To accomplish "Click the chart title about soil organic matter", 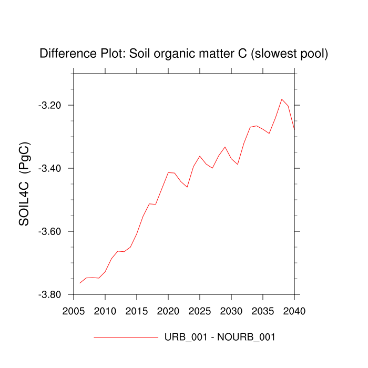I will pyautogui.click(x=184, y=54).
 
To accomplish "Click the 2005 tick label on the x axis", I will pyautogui.click(x=74, y=310).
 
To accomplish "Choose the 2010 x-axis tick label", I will pyautogui.click(x=105, y=310).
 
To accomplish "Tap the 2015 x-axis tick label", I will pyautogui.click(x=137, y=310).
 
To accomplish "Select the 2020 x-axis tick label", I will pyautogui.click(x=168, y=310).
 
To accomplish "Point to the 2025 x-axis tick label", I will pyautogui.click(x=200, y=310).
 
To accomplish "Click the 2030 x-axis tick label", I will pyautogui.click(x=231, y=310).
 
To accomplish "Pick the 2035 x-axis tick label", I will pyautogui.click(x=263, y=310).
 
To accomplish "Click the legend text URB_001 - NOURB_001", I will pyautogui.click(x=220, y=337).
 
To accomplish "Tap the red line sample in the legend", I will pyautogui.click(x=126, y=337).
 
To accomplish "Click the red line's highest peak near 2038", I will pyautogui.click(x=282, y=99).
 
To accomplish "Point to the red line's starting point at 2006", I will pyautogui.click(x=80, y=283).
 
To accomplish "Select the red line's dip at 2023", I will pyautogui.click(x=187, y=187).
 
